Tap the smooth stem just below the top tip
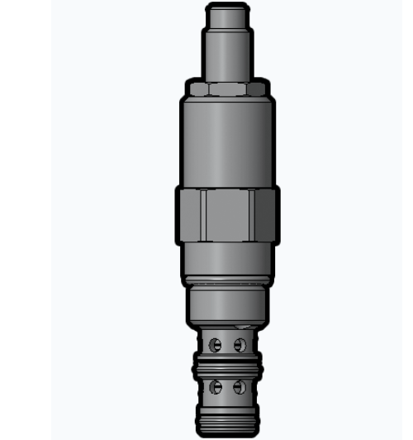pos(227,54)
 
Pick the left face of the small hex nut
pos(197,88)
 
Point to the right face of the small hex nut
pos(257,88)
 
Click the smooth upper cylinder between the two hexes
pos(227,141)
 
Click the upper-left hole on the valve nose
pos(216,344)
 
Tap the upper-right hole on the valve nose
pos(240,344)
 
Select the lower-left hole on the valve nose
pos(216,386)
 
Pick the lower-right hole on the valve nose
pos(240,386)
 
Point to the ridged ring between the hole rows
pos(227,365)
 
